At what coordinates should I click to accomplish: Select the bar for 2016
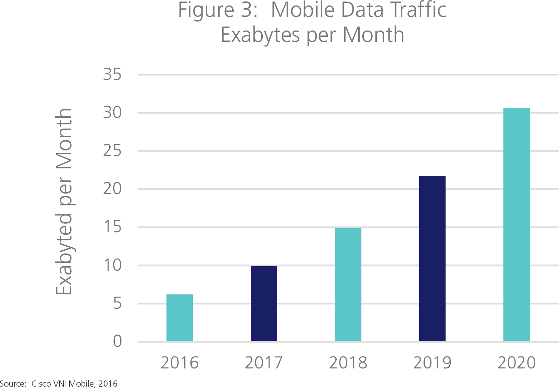(179, 318)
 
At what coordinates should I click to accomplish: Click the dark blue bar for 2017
(264, 304)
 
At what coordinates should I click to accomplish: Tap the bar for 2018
(348, 284)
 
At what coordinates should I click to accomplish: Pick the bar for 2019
(432, 259)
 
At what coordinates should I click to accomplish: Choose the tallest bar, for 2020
(516, 225)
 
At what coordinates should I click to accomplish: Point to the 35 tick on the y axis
(112, 75)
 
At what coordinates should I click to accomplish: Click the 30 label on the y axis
(112, 113)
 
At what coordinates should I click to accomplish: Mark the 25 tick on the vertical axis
(112, 151)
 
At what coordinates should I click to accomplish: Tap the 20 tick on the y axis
(112, 189)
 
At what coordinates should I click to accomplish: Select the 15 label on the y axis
(112, 227)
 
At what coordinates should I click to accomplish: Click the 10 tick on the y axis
(112, 266)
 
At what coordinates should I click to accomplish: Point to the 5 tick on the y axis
(117, 304)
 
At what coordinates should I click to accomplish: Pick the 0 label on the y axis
(117, 342)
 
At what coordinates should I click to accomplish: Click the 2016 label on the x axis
(179, 363)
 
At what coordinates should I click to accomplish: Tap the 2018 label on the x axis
(348, 363)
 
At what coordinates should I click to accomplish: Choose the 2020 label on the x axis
(516, 363)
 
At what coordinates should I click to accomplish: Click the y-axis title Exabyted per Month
(64, 202)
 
